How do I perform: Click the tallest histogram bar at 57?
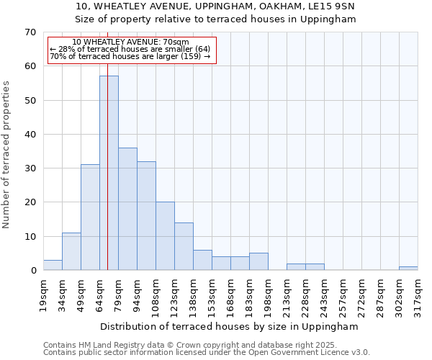109,173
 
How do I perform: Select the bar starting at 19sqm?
53,265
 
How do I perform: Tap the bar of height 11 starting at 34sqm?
71,251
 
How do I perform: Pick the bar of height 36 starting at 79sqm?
127,209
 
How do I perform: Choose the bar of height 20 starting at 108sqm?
165,236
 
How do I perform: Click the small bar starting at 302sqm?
408,269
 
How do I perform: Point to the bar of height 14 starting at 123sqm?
184,246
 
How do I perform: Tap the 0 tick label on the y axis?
33,271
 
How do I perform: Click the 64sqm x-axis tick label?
99,293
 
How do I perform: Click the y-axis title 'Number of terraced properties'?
6,154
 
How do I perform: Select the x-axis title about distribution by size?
229,326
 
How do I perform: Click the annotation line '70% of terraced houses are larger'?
130,56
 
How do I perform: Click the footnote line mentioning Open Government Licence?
207,353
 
